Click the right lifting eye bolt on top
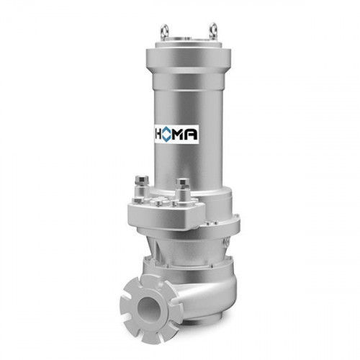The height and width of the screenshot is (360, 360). [213, 30]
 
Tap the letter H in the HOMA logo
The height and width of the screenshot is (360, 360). [158, 135]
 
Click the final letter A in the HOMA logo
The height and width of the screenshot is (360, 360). [192, 135]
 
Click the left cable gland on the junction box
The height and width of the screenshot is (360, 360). [142, 189]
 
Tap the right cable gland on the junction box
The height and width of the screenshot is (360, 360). [183, 190]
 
